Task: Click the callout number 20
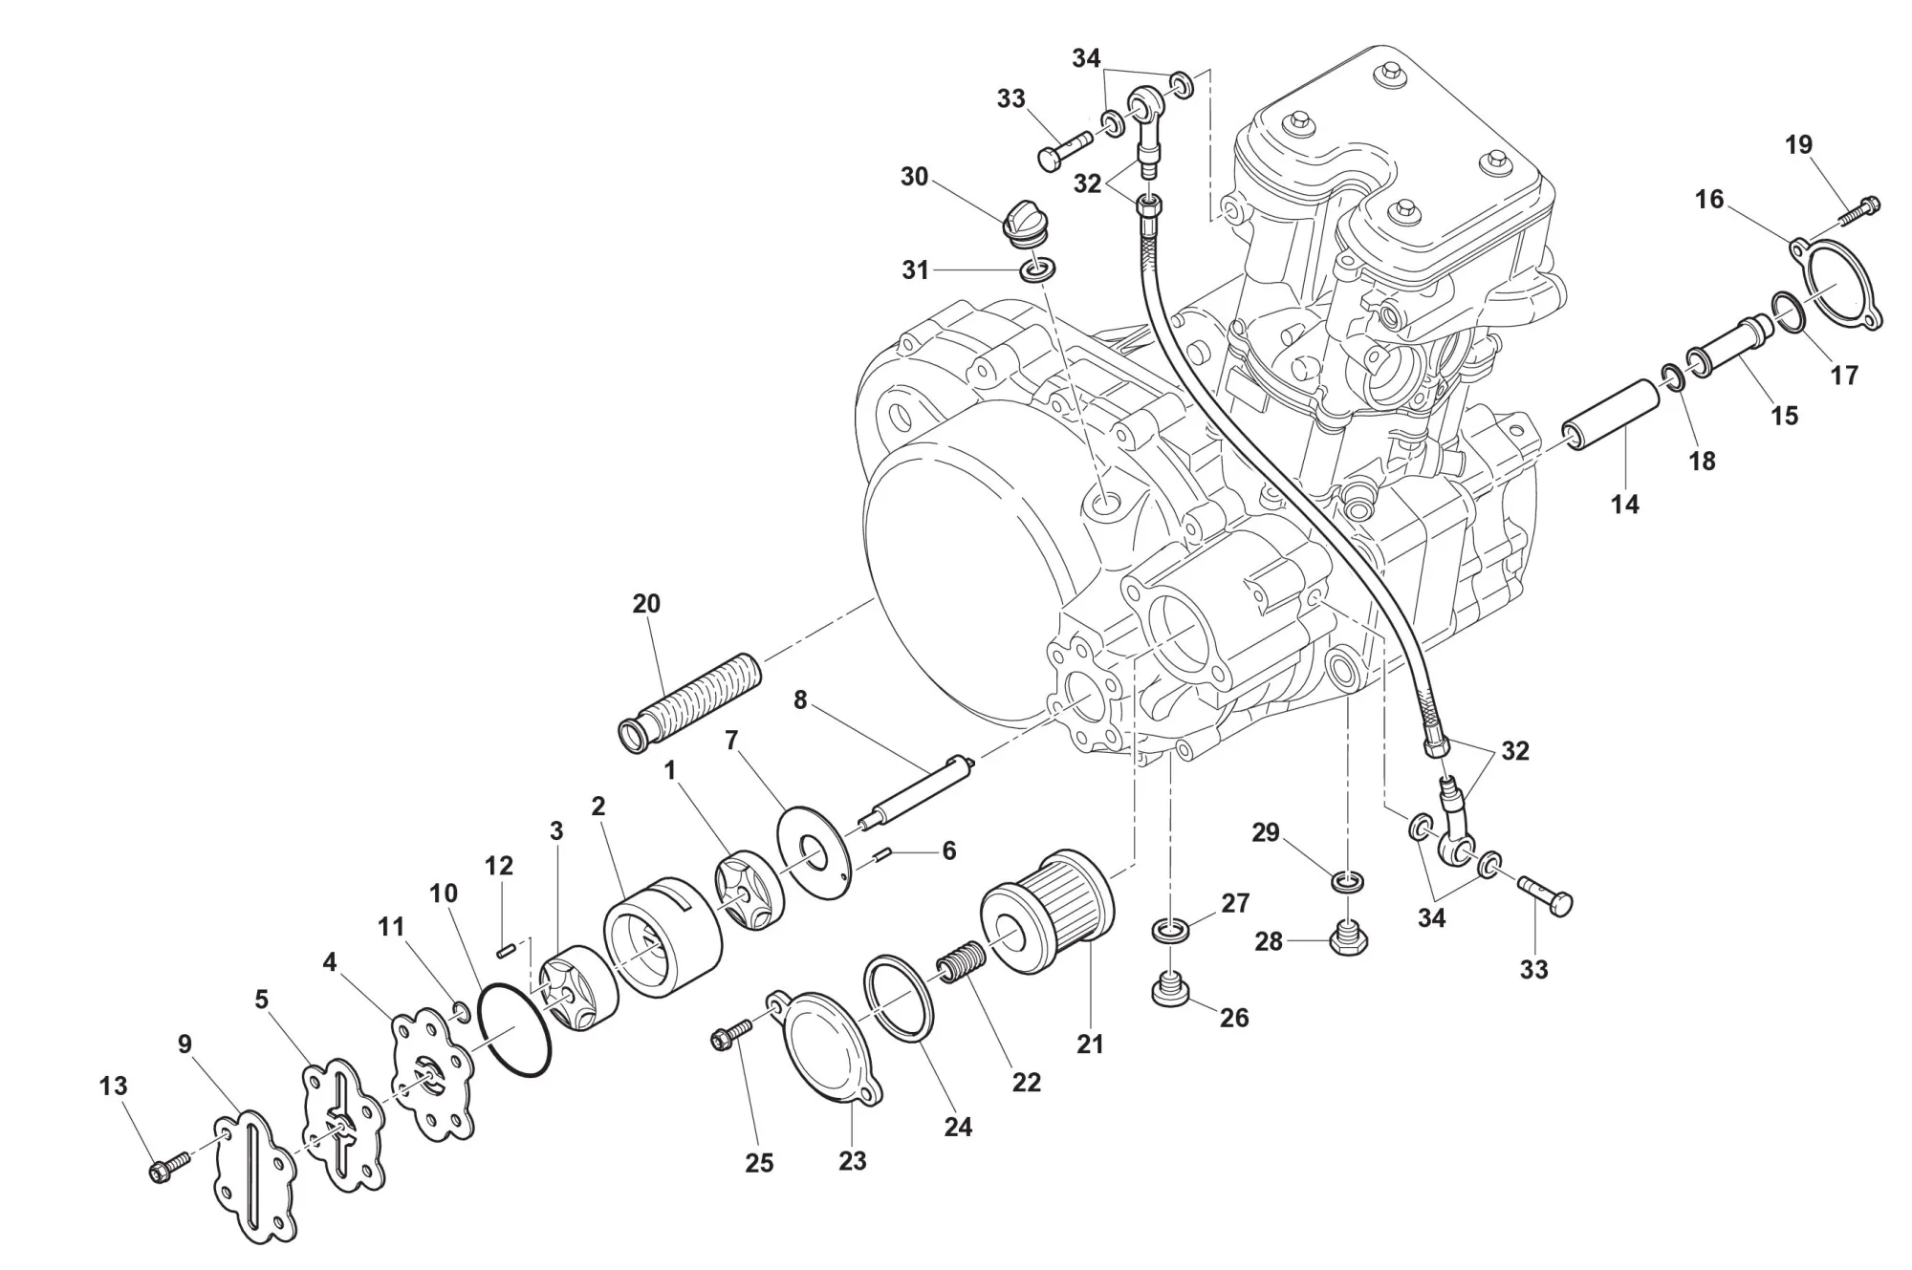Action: point(646,604)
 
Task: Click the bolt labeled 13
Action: point(162,1170)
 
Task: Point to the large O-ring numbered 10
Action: point(514,1030)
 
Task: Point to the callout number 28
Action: point(1268,942)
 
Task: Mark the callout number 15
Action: point(1784,416)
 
